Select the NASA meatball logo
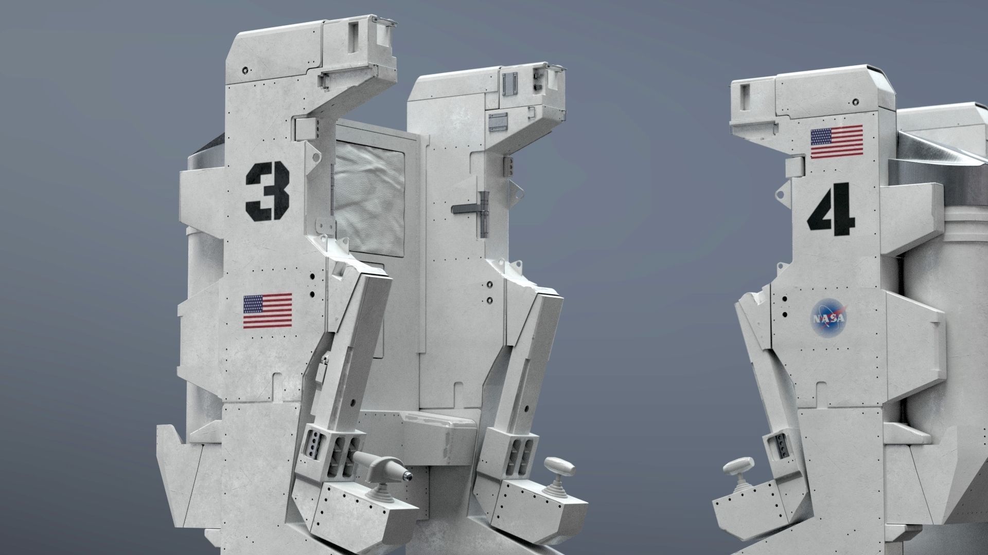click(828, 319)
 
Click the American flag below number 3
click(267, 311)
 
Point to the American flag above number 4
click(836, 142)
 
